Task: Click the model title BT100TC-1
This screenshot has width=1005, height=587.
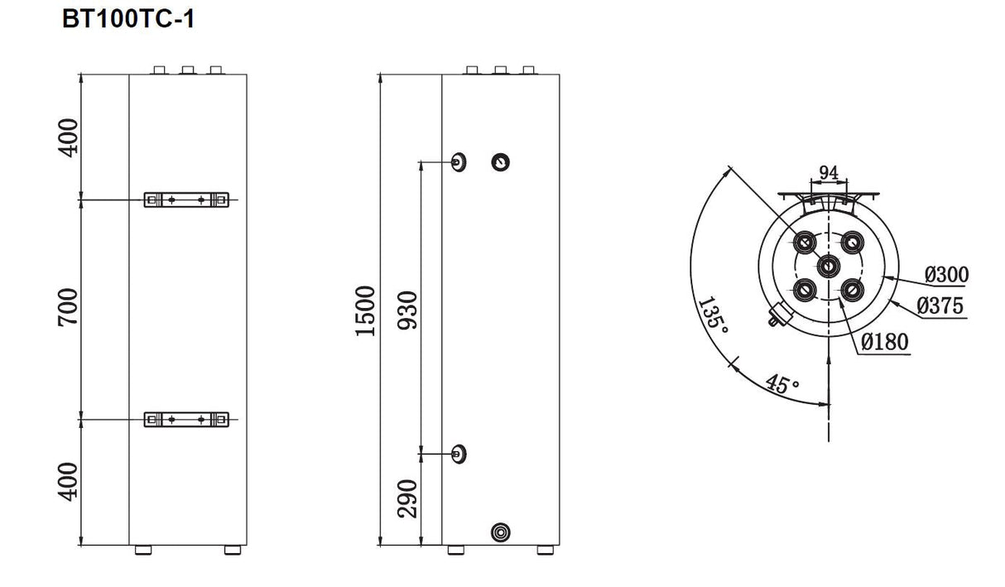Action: tap(128, 19)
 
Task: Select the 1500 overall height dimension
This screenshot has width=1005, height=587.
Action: tap(366, 310)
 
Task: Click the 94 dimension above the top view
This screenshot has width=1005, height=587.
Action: tap(828, 172)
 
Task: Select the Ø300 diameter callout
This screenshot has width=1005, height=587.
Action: tap(946, 274)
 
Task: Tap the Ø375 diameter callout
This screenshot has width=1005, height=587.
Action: tap(940, 306)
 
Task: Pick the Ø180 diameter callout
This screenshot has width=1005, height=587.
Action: tap(885, 341)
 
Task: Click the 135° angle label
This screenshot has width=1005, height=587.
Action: tap(714, 315)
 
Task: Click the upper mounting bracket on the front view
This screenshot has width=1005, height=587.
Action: tap(186, 200)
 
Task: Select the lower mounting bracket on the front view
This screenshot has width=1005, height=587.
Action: tap(186, 420)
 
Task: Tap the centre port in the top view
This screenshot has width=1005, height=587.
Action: tap(829, 267)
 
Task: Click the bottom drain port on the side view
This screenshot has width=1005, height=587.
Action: tap(501, 532)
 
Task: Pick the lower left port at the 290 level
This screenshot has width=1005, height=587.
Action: tap(458, 453)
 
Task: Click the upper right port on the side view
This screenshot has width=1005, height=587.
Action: tap(501, 161)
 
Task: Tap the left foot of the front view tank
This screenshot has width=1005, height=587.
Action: tap(143, 550)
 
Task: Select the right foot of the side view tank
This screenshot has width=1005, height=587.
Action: tap(545, 550)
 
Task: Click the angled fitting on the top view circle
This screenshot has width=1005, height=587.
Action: tap(778, 315)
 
